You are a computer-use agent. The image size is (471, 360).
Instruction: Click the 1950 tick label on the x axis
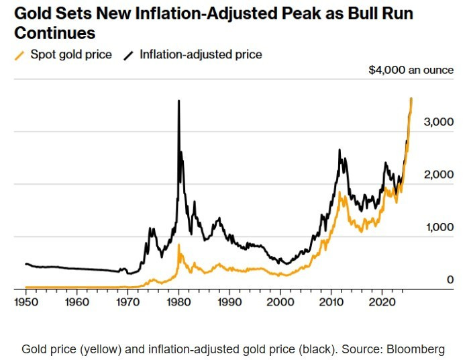(x=26, y=302)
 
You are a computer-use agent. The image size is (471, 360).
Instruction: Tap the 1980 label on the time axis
(x=178, y=302)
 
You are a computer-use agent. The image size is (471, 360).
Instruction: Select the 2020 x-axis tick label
(x=382, y=302)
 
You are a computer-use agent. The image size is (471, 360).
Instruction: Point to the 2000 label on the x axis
(x=280, y=302)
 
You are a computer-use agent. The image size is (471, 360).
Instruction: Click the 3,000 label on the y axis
(x=439, y=122)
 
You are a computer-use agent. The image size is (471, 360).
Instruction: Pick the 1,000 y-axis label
(x=439, y=227)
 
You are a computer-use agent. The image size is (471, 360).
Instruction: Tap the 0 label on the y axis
(x=450, y=279)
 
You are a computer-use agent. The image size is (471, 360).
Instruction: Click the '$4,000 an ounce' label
(x=411, y=70)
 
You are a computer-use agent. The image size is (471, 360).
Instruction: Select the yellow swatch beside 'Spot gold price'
(x=19, y=55)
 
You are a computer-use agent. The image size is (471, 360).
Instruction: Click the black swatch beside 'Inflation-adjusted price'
(x=129, y=55)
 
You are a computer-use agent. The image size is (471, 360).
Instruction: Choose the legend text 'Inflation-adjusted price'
(x=201, y=54)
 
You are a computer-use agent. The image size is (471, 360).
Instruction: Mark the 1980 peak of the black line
(x=178, y=101)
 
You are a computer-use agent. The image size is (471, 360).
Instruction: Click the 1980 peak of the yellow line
(x=178, y=244)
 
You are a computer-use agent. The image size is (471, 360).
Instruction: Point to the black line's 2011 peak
(x=339, y=150)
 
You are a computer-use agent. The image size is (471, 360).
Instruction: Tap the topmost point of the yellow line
(x=411, y=98)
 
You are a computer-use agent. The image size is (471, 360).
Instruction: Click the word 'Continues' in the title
(x=54, y=33)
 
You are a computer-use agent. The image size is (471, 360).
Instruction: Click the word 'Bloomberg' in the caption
(x=415, y=349)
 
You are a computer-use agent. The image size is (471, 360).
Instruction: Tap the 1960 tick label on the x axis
(x=77, y=302)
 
